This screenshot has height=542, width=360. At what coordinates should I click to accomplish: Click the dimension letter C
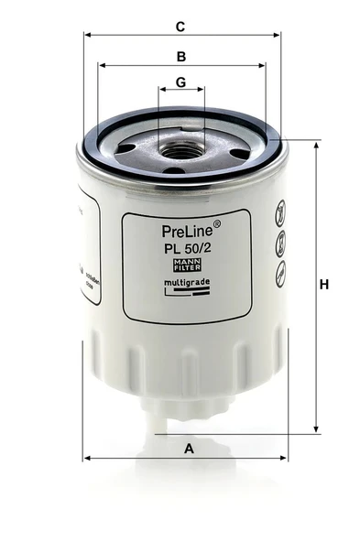click(x=180, y=27)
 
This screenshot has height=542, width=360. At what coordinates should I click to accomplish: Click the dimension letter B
click(x=181, y=57)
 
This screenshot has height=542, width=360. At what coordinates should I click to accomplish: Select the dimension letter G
click(x=180, y=82)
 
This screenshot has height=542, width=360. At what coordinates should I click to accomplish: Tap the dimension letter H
click(x=323, y=285)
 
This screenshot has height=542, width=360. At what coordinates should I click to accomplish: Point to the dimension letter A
click(x=190, y=449)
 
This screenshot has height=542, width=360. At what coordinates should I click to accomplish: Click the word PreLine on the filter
click(x=186, y=233)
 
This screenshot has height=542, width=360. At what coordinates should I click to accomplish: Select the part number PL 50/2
click(x=185, y=250)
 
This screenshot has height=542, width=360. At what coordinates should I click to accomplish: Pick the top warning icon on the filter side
click(x=281, y=216)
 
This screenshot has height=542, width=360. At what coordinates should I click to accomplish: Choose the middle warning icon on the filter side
click(x=281, y=243)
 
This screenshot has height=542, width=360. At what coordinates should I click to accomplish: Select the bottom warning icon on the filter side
click(x=281, y=269)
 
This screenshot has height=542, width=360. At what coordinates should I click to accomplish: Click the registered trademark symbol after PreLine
click(x=216, y=223)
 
